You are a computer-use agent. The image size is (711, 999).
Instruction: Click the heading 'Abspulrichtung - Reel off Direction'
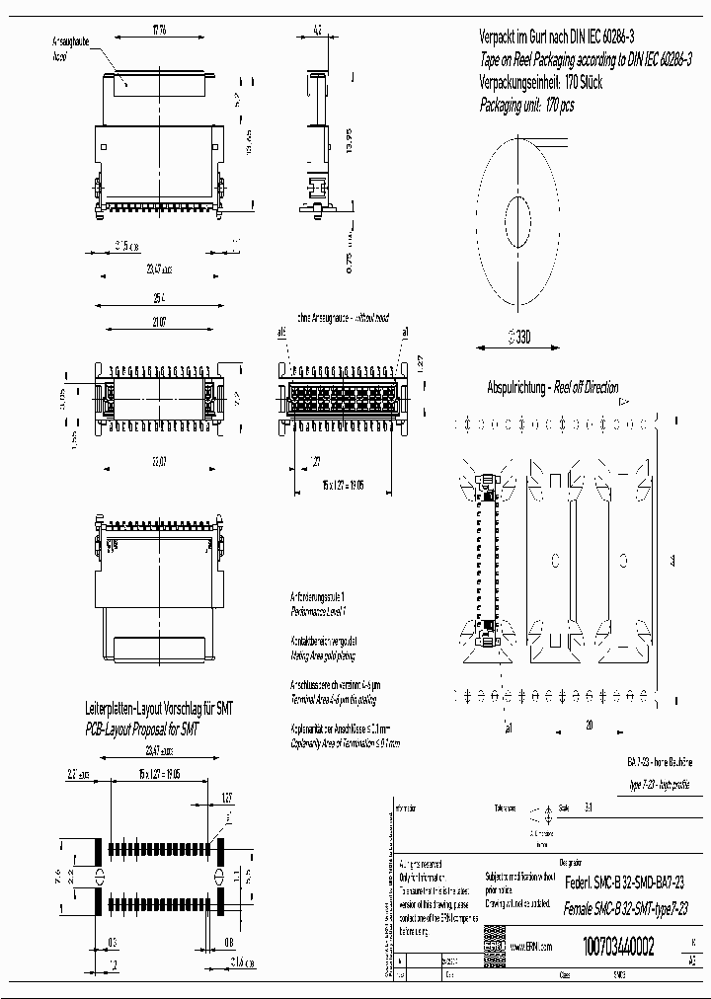(x=553, y=386)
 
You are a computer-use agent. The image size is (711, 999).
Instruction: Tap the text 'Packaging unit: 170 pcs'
(x=526, y=105)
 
